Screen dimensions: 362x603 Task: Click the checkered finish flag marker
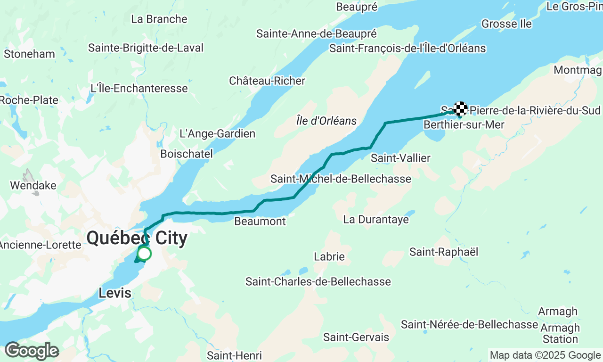point(460,109)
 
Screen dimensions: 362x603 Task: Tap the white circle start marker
point(144,254)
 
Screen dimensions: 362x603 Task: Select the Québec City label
point(137,239)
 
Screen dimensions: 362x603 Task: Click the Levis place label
point(115,293)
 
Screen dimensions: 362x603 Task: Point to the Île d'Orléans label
point(326,121)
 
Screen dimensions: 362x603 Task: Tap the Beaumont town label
point(260,221)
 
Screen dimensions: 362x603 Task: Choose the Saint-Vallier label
point(400,158)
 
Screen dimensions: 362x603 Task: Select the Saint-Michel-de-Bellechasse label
point(341,179)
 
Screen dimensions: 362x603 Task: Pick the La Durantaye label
point(376,220)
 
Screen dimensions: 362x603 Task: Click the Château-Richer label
point(267,81)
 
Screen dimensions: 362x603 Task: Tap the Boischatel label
point(187,154)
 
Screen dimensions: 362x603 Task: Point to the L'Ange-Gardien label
point(218,134)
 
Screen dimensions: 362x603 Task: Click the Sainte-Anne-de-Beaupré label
point(317,34)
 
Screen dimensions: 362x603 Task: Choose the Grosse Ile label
point(506,24)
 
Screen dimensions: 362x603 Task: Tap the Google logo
point(32,351)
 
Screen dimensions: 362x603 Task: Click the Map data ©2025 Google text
point(545,355)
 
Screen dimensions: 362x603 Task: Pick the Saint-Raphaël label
point(444,252)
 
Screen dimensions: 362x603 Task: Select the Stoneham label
point(29,54)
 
